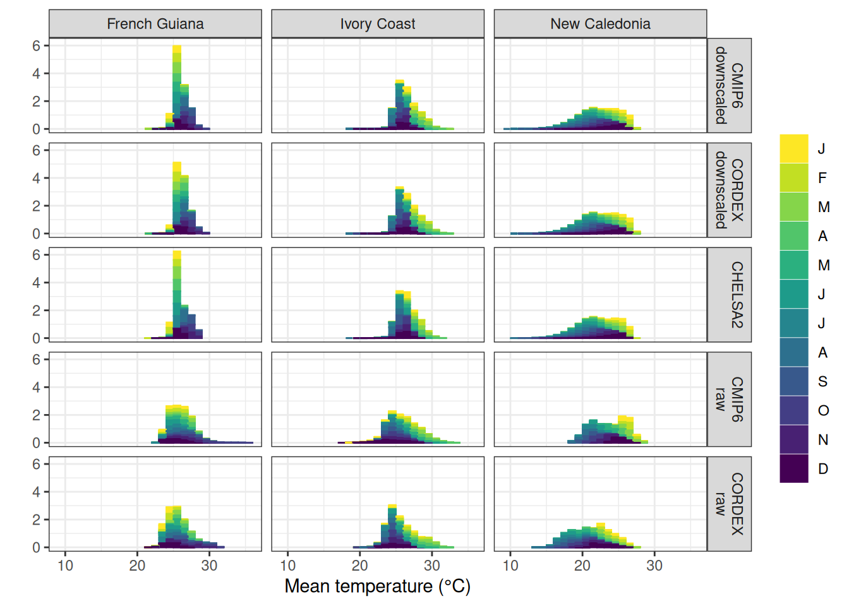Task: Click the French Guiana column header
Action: point(155,24)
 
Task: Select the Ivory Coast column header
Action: point(378,24)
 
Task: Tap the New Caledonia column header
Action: point(600,24)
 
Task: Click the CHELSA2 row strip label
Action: point(737,295)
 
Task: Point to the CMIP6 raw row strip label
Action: point(729,399)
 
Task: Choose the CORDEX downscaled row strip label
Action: point(729,190)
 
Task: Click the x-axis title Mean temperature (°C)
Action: point(377,586)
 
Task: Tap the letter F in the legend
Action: point(822,178)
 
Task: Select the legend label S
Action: point(822,381)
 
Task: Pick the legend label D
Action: point(822,469)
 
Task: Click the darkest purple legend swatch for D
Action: point(794,468)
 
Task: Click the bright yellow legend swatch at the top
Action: point(794,149)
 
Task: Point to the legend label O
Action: point(823,411)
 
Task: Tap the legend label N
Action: point(822,440)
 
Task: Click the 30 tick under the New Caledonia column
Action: point(654,566)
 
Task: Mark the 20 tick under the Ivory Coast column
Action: point(359,566)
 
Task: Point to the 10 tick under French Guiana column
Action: point(65,566)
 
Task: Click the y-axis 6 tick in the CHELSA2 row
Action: point(36,255)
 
